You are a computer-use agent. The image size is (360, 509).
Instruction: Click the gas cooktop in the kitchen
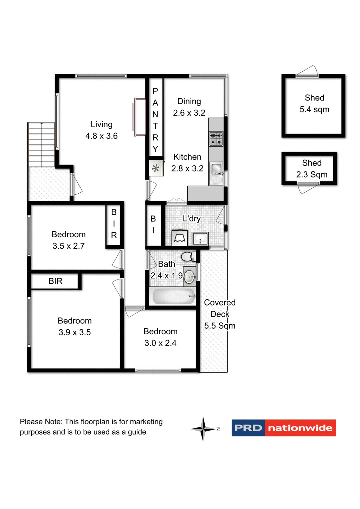pyautogui.click(x=216, y=138)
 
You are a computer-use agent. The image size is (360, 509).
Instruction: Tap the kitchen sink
pyautogui.click(x=216, y=169)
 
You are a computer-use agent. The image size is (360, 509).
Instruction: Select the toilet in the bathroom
pyautogui.click(x=188, y=256)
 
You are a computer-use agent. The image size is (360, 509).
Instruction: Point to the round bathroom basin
pyautogui.click(x=189, y=277)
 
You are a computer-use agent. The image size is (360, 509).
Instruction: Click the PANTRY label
pyautogui.click(x=155, y=120)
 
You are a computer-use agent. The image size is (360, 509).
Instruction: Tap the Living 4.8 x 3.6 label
pyautogui.click(x=102, y=130)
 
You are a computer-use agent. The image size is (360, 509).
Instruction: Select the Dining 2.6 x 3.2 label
pyautogui.click(x=189, y=107)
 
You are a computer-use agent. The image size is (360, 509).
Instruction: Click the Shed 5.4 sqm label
pyautogui.click(x=314, y=103)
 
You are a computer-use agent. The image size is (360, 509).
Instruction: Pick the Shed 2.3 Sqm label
pyautogui.click(x=311, y=168)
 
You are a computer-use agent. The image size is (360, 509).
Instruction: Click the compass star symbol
pyautogui.click(x=203, y=429)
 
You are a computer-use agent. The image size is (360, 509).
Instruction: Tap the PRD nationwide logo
pyautogui.click(x=284, y=428)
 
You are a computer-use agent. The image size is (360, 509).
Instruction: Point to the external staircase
pyautogui.click(x=41, y=144)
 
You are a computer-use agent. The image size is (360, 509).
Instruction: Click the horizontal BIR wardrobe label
pyautogui.click(x=55, y=281)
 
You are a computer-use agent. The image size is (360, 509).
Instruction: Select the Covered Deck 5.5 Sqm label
pyautogui.click(x=220, y=314)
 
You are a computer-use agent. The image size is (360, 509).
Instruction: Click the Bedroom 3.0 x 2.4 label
pyautogui.click(x=160, y=337)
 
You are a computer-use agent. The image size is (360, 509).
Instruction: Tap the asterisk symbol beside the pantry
pyautogui.click(x=155, y=168)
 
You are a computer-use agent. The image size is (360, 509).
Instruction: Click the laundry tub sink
pyautogui.click(x=200, y=239)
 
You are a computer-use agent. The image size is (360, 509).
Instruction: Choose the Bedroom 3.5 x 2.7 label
pyautogui.click(x=69, y=240)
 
